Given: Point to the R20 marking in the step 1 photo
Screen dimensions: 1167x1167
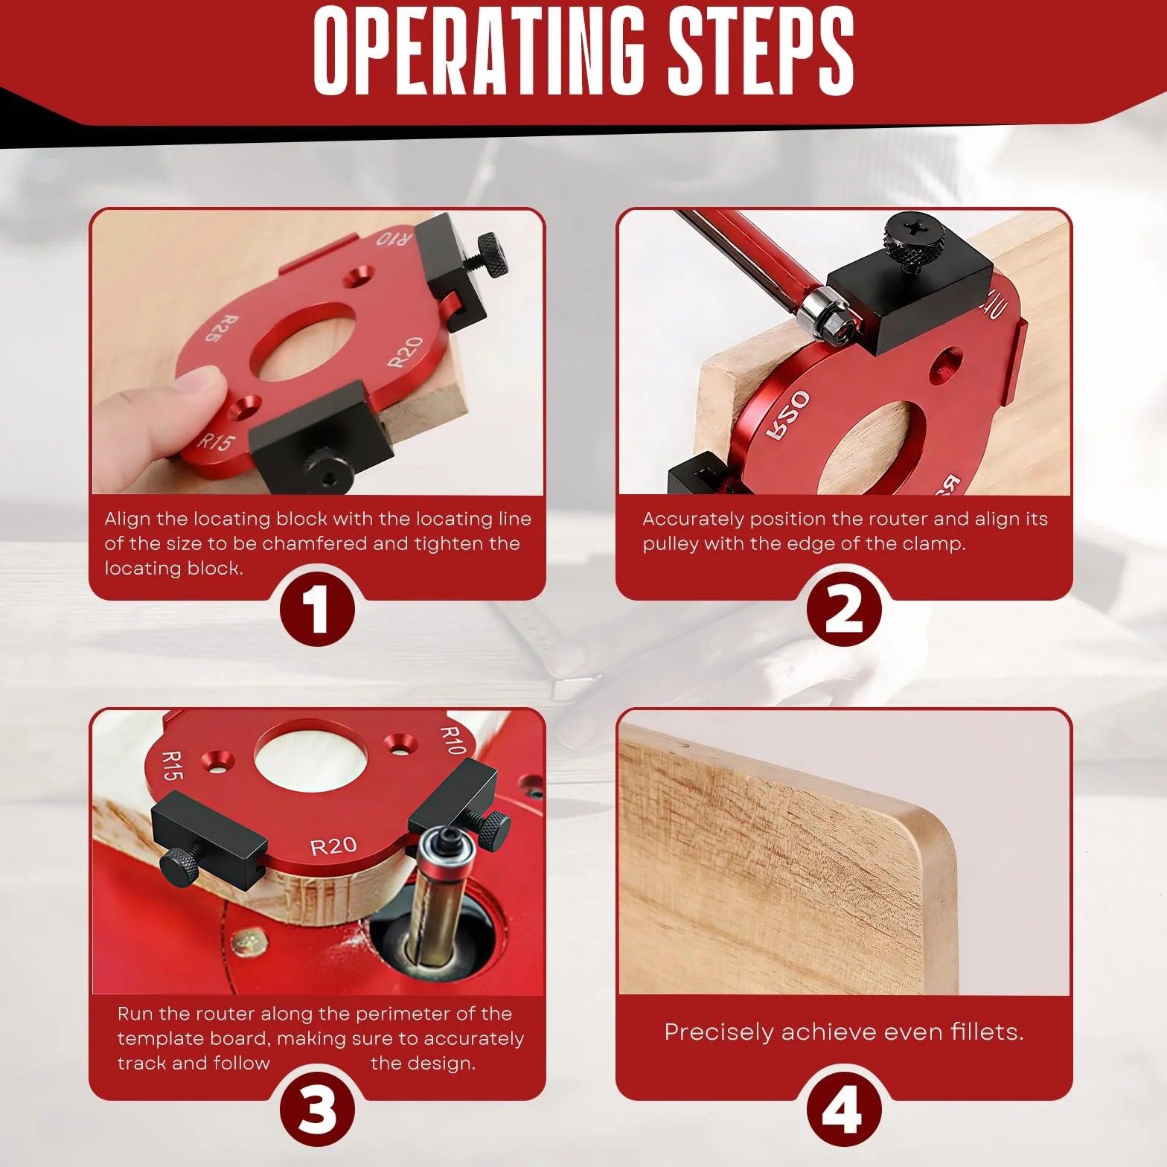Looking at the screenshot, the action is pyautogui.click(x=406, y=352).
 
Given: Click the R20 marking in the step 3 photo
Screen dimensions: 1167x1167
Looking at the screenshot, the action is pyautogui.click(x=333, y=846).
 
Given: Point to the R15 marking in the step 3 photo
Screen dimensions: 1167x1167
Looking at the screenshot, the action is pyautogui.click(x=172, y=765).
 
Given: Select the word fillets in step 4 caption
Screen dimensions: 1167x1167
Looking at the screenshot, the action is pyautogui.click(x=987, y=1032).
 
